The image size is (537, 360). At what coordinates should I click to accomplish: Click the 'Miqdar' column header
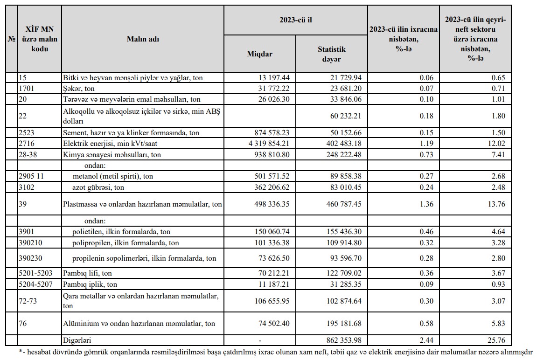coord(259,54)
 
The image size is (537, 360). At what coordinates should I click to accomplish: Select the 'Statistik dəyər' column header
coord(332,54)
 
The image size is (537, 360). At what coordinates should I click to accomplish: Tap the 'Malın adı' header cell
coord(143,39)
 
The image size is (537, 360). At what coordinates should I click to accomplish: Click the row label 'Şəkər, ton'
coord(82,88)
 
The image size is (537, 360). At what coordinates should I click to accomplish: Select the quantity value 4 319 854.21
coord(263,144)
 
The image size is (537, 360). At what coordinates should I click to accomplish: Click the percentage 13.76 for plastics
coord(495,204)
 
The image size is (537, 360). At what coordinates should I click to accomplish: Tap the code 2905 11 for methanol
coord(32,176)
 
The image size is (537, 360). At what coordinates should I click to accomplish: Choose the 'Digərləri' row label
coord(77,340)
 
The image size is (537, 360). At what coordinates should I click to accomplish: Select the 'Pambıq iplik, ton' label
coord(90,284)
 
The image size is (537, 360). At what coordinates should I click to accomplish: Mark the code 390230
coord(30,258)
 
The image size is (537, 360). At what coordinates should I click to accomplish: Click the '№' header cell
coord(11,39)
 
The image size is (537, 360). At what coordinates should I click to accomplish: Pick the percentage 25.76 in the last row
coord(495,340)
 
